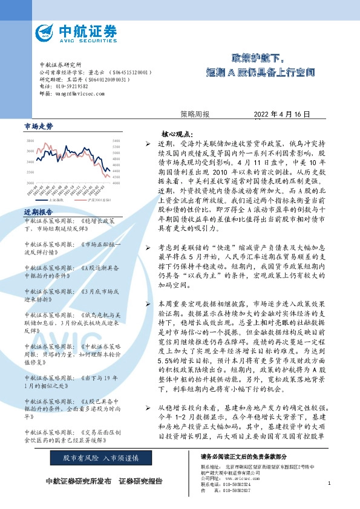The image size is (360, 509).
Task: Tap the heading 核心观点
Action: coord(177,134)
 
